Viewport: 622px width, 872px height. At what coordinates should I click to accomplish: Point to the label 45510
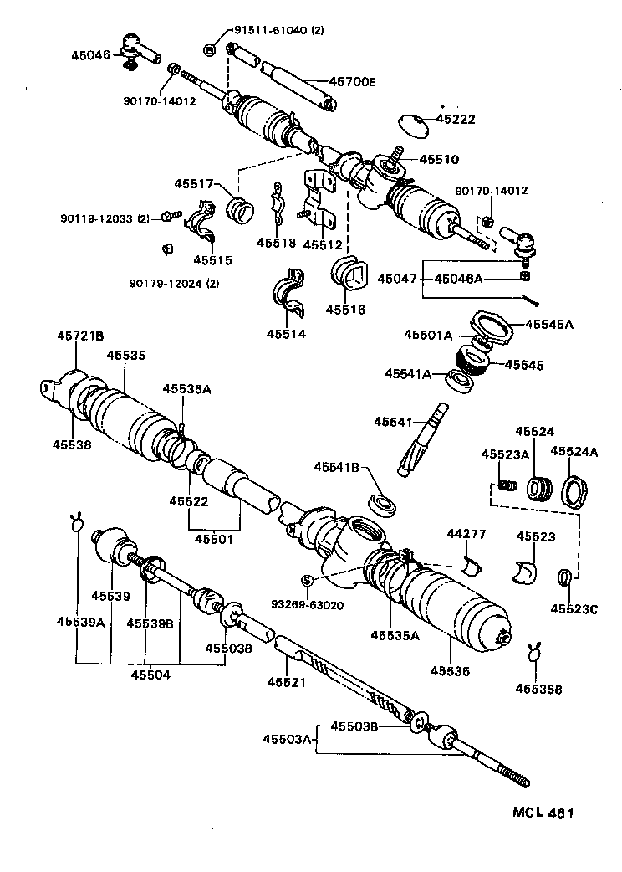point(439,159)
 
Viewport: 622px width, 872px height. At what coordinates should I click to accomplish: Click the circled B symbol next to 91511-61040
point(209,49)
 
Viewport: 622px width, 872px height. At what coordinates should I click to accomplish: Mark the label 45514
point(287,334)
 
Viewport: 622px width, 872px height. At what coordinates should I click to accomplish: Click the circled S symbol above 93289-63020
point(307,580)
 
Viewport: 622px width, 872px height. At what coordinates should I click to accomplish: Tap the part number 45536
point(451,670)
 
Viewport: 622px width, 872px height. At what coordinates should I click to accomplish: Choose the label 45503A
point(287,739)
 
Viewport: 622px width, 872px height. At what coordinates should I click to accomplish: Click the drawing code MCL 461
point(543,813)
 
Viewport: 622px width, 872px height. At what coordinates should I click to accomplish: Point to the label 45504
point(151,675)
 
